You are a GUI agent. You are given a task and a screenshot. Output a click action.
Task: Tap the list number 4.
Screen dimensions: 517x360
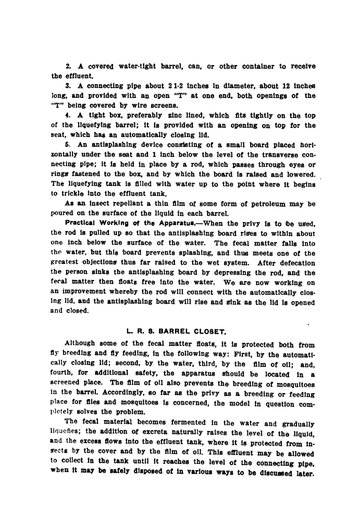point(68,107)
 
